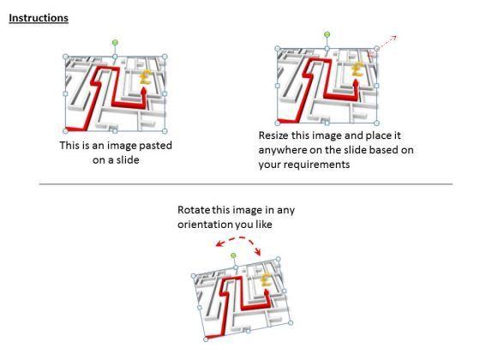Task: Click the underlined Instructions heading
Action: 39,18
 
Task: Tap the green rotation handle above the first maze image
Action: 115,43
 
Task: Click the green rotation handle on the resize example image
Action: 327,34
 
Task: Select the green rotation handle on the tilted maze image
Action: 233,255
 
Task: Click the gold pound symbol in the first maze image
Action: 146,77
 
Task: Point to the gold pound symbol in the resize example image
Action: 357,69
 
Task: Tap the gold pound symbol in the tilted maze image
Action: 267,279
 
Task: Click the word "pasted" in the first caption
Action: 155,146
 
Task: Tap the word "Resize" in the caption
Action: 273,135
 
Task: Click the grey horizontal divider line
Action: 246,184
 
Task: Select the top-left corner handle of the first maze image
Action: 65,57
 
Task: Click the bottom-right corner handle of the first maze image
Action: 165,131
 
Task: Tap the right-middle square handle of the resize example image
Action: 377,86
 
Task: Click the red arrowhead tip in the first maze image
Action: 143,87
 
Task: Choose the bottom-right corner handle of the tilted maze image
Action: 291,322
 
